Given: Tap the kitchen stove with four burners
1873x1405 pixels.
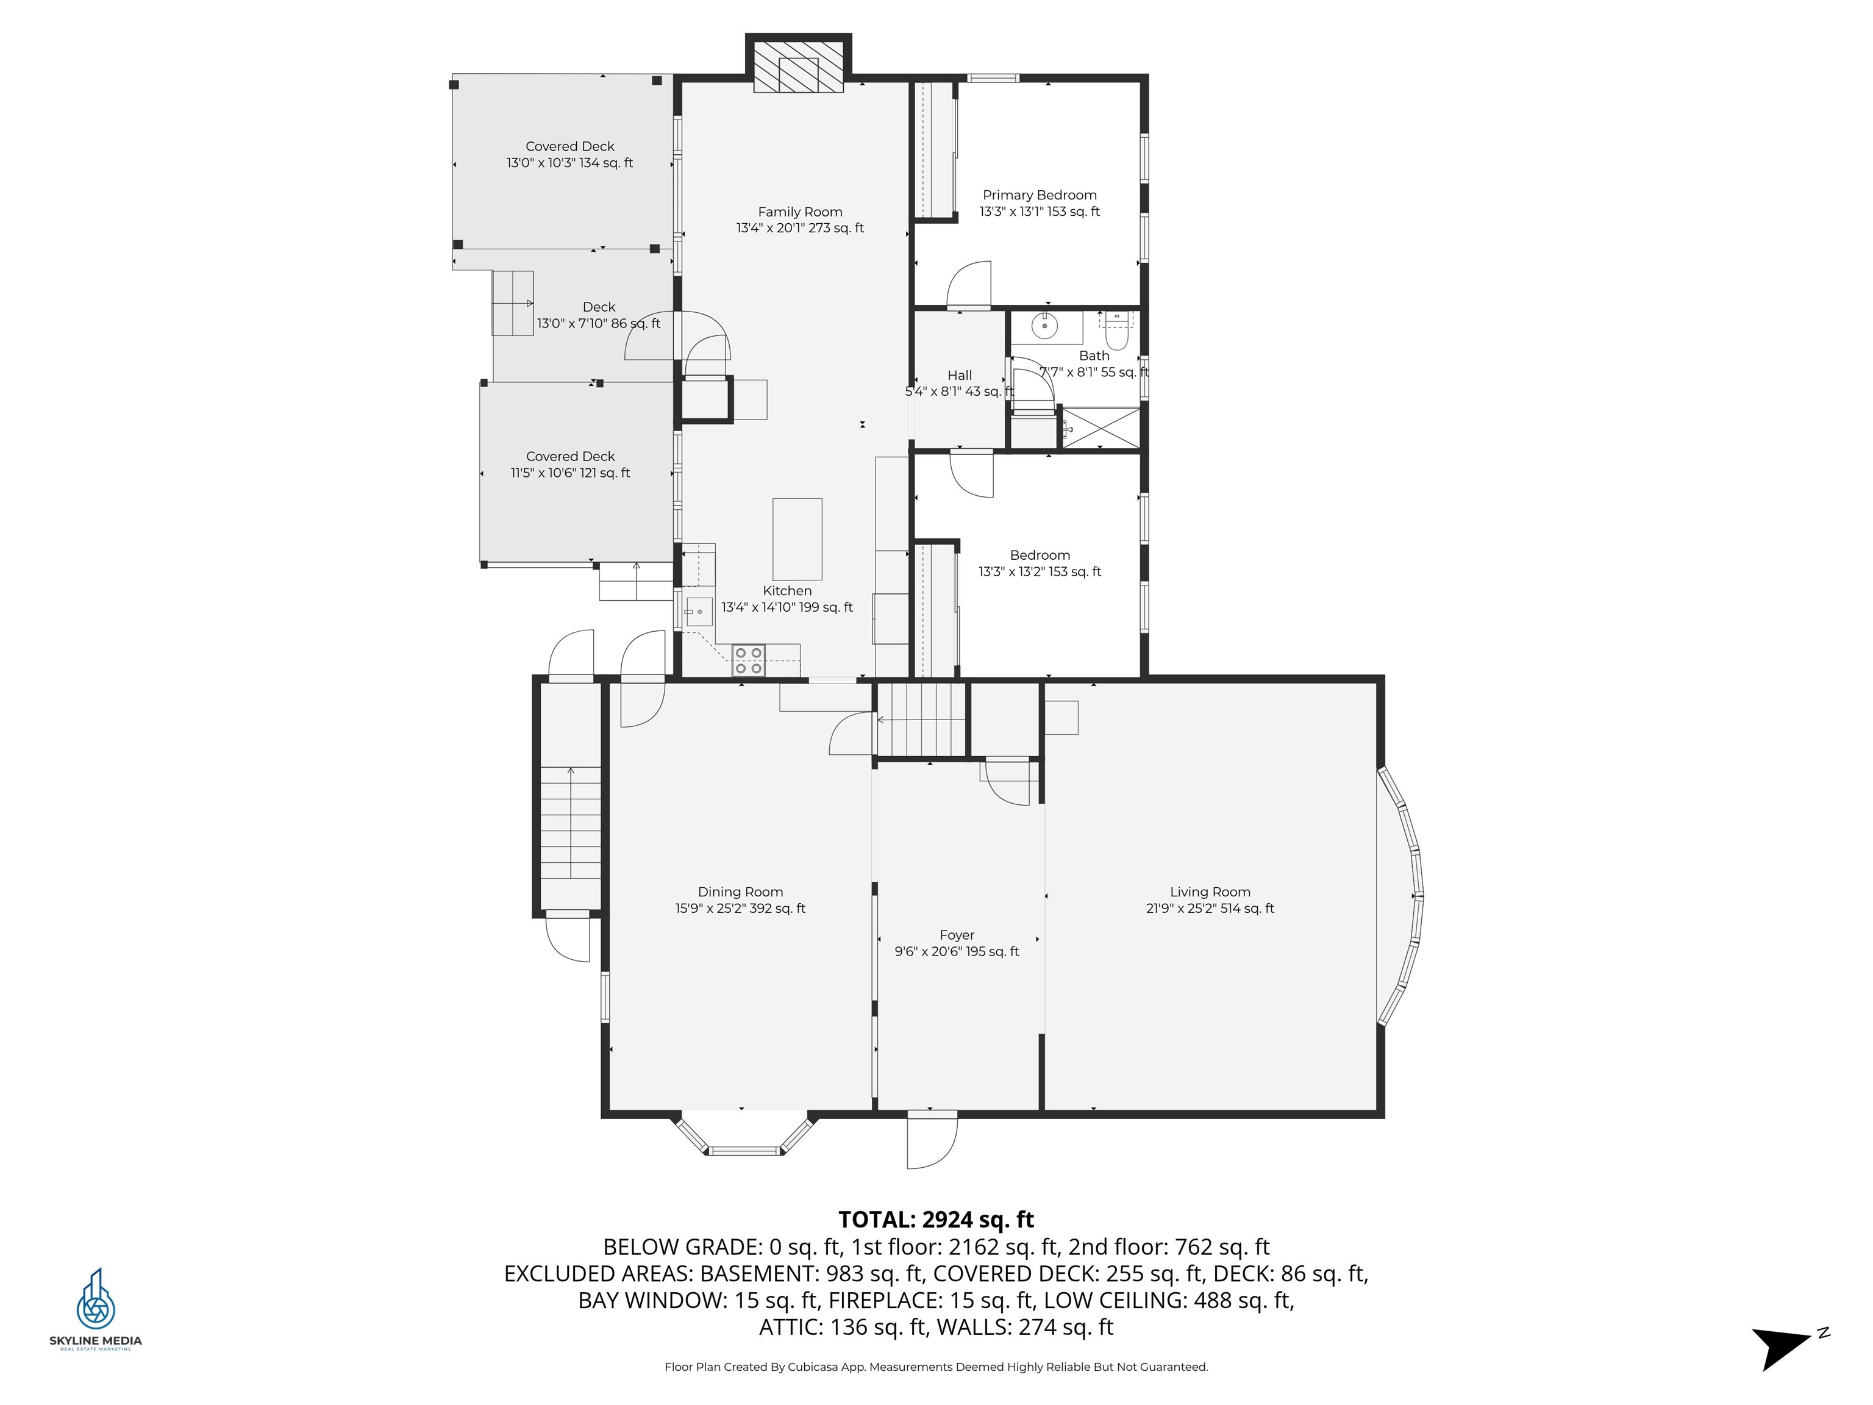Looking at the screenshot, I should click(749, 660).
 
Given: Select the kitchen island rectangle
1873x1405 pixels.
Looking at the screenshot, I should click(797, 538).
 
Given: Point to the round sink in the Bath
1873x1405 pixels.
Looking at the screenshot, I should click(1046, 325).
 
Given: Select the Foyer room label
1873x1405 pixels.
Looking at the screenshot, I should click(957, 935).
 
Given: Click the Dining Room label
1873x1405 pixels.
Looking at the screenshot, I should click(740, 892).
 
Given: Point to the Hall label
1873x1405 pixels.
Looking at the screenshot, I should click(959, 375).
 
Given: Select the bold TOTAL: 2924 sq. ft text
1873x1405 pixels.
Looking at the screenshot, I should click(936, 1220).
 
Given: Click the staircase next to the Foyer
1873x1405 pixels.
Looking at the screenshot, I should click(921, 720).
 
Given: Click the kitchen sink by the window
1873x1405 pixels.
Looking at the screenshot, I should click(699, 610).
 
